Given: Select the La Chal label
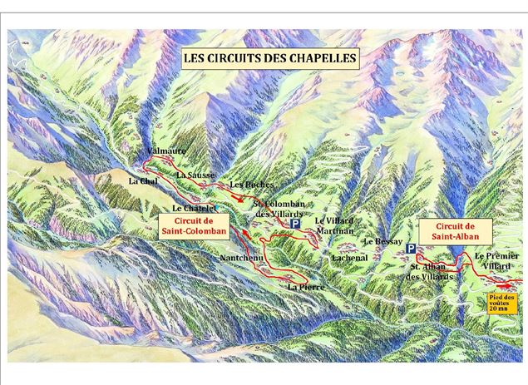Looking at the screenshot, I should point(143,180).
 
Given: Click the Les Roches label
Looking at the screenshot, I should point(250,184).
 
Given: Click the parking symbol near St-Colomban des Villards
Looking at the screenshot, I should point(294,225).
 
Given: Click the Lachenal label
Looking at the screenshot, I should point(350,258).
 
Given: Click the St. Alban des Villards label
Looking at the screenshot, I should point(430,271).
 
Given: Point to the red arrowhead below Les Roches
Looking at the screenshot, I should point(240,200).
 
